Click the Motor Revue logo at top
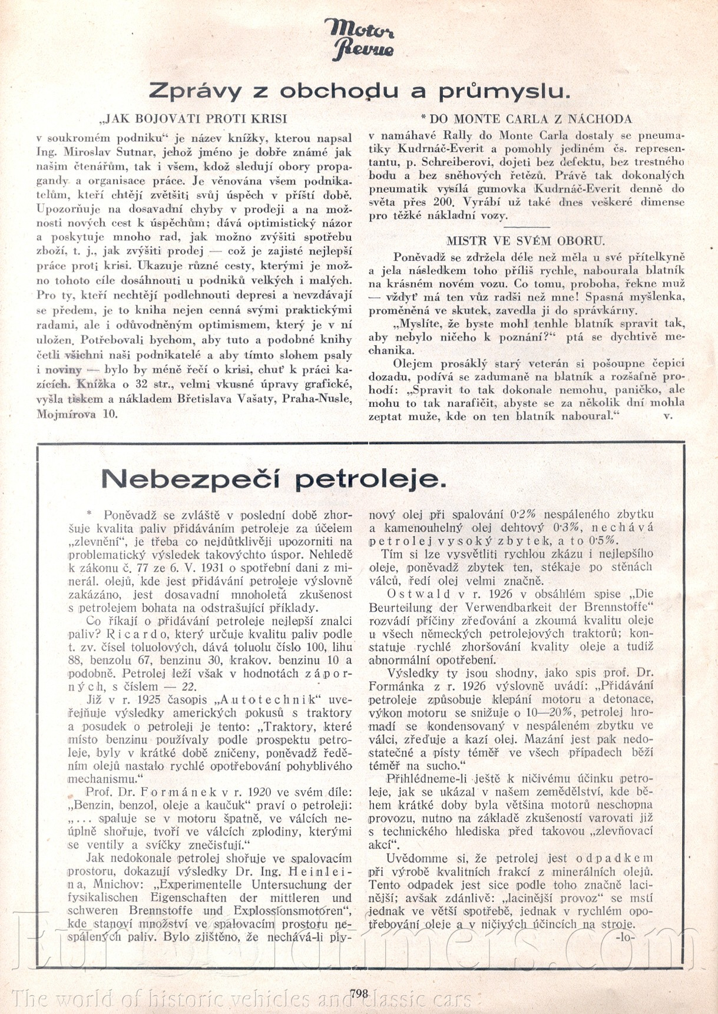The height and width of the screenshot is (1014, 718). (358, 39)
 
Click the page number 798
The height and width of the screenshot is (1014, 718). (358, 993)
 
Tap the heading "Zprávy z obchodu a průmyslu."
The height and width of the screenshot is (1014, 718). (359, 91)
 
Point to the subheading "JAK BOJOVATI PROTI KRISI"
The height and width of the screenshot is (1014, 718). (194, 118)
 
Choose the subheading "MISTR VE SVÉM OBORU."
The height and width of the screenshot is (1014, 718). (525, 240)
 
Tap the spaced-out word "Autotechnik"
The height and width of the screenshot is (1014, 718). (276, 699)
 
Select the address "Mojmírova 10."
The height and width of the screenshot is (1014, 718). (77, 413)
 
